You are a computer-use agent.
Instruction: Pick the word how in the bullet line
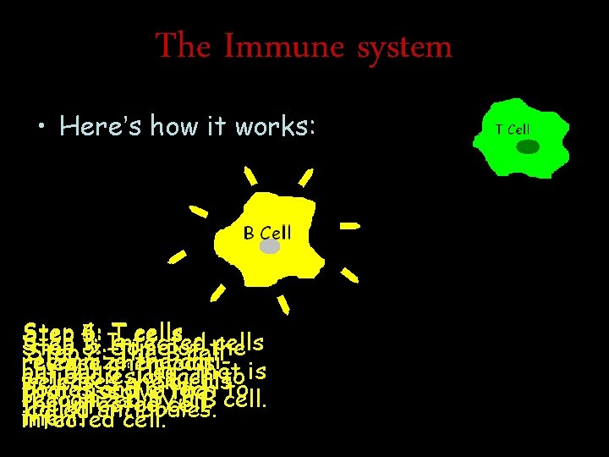tap(176, 126)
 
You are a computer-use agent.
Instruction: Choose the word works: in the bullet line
tap(272, 126)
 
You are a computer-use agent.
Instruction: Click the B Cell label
tap(266, 233)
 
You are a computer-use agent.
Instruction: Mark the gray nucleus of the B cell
tap(270, 247)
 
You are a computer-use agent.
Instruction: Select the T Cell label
tap(513, 129)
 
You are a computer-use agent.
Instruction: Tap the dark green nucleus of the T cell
tap(528, 147)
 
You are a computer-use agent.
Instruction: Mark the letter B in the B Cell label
tap(249, 233)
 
